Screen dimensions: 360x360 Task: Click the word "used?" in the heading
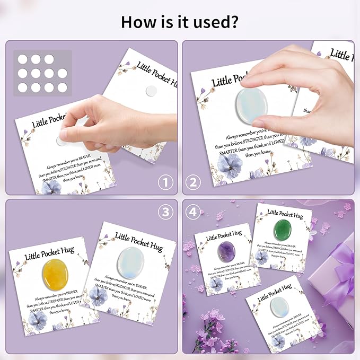(x=212, y=22)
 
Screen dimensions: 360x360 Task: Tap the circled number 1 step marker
(x=165, y=183)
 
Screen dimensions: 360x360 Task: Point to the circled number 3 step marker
(x=165, y=211)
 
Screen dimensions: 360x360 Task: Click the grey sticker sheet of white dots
(x=42, y=73)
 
